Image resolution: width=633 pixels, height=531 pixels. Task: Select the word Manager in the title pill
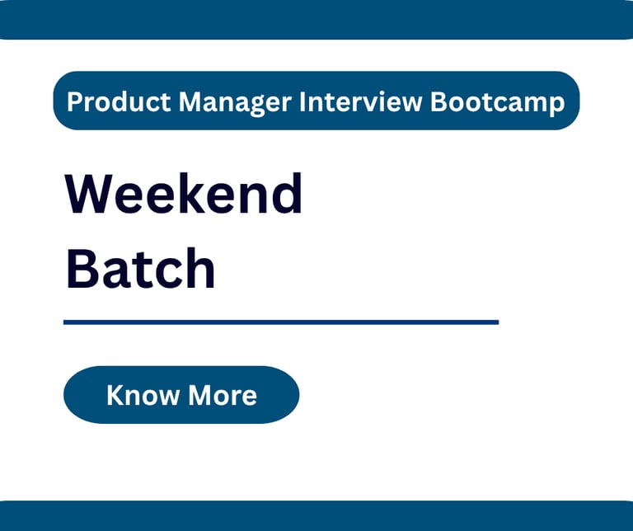235,102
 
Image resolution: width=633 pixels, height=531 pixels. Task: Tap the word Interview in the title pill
360,101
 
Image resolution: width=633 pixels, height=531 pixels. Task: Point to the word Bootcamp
497,102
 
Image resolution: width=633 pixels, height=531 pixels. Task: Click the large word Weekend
184,194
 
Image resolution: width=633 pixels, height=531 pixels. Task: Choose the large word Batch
140,268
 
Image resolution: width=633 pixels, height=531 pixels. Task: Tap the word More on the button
223,394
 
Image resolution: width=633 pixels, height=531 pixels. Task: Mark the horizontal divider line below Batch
281,322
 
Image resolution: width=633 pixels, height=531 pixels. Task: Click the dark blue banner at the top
316,20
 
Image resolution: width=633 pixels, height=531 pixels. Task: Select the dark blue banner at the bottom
316,515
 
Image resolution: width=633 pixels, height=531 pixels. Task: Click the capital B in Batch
82,268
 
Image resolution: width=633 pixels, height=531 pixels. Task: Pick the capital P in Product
75,101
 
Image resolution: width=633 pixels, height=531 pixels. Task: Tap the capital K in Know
115,394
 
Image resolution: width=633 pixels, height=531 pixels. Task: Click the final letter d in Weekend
286,194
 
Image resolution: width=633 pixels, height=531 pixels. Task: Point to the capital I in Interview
302,101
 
